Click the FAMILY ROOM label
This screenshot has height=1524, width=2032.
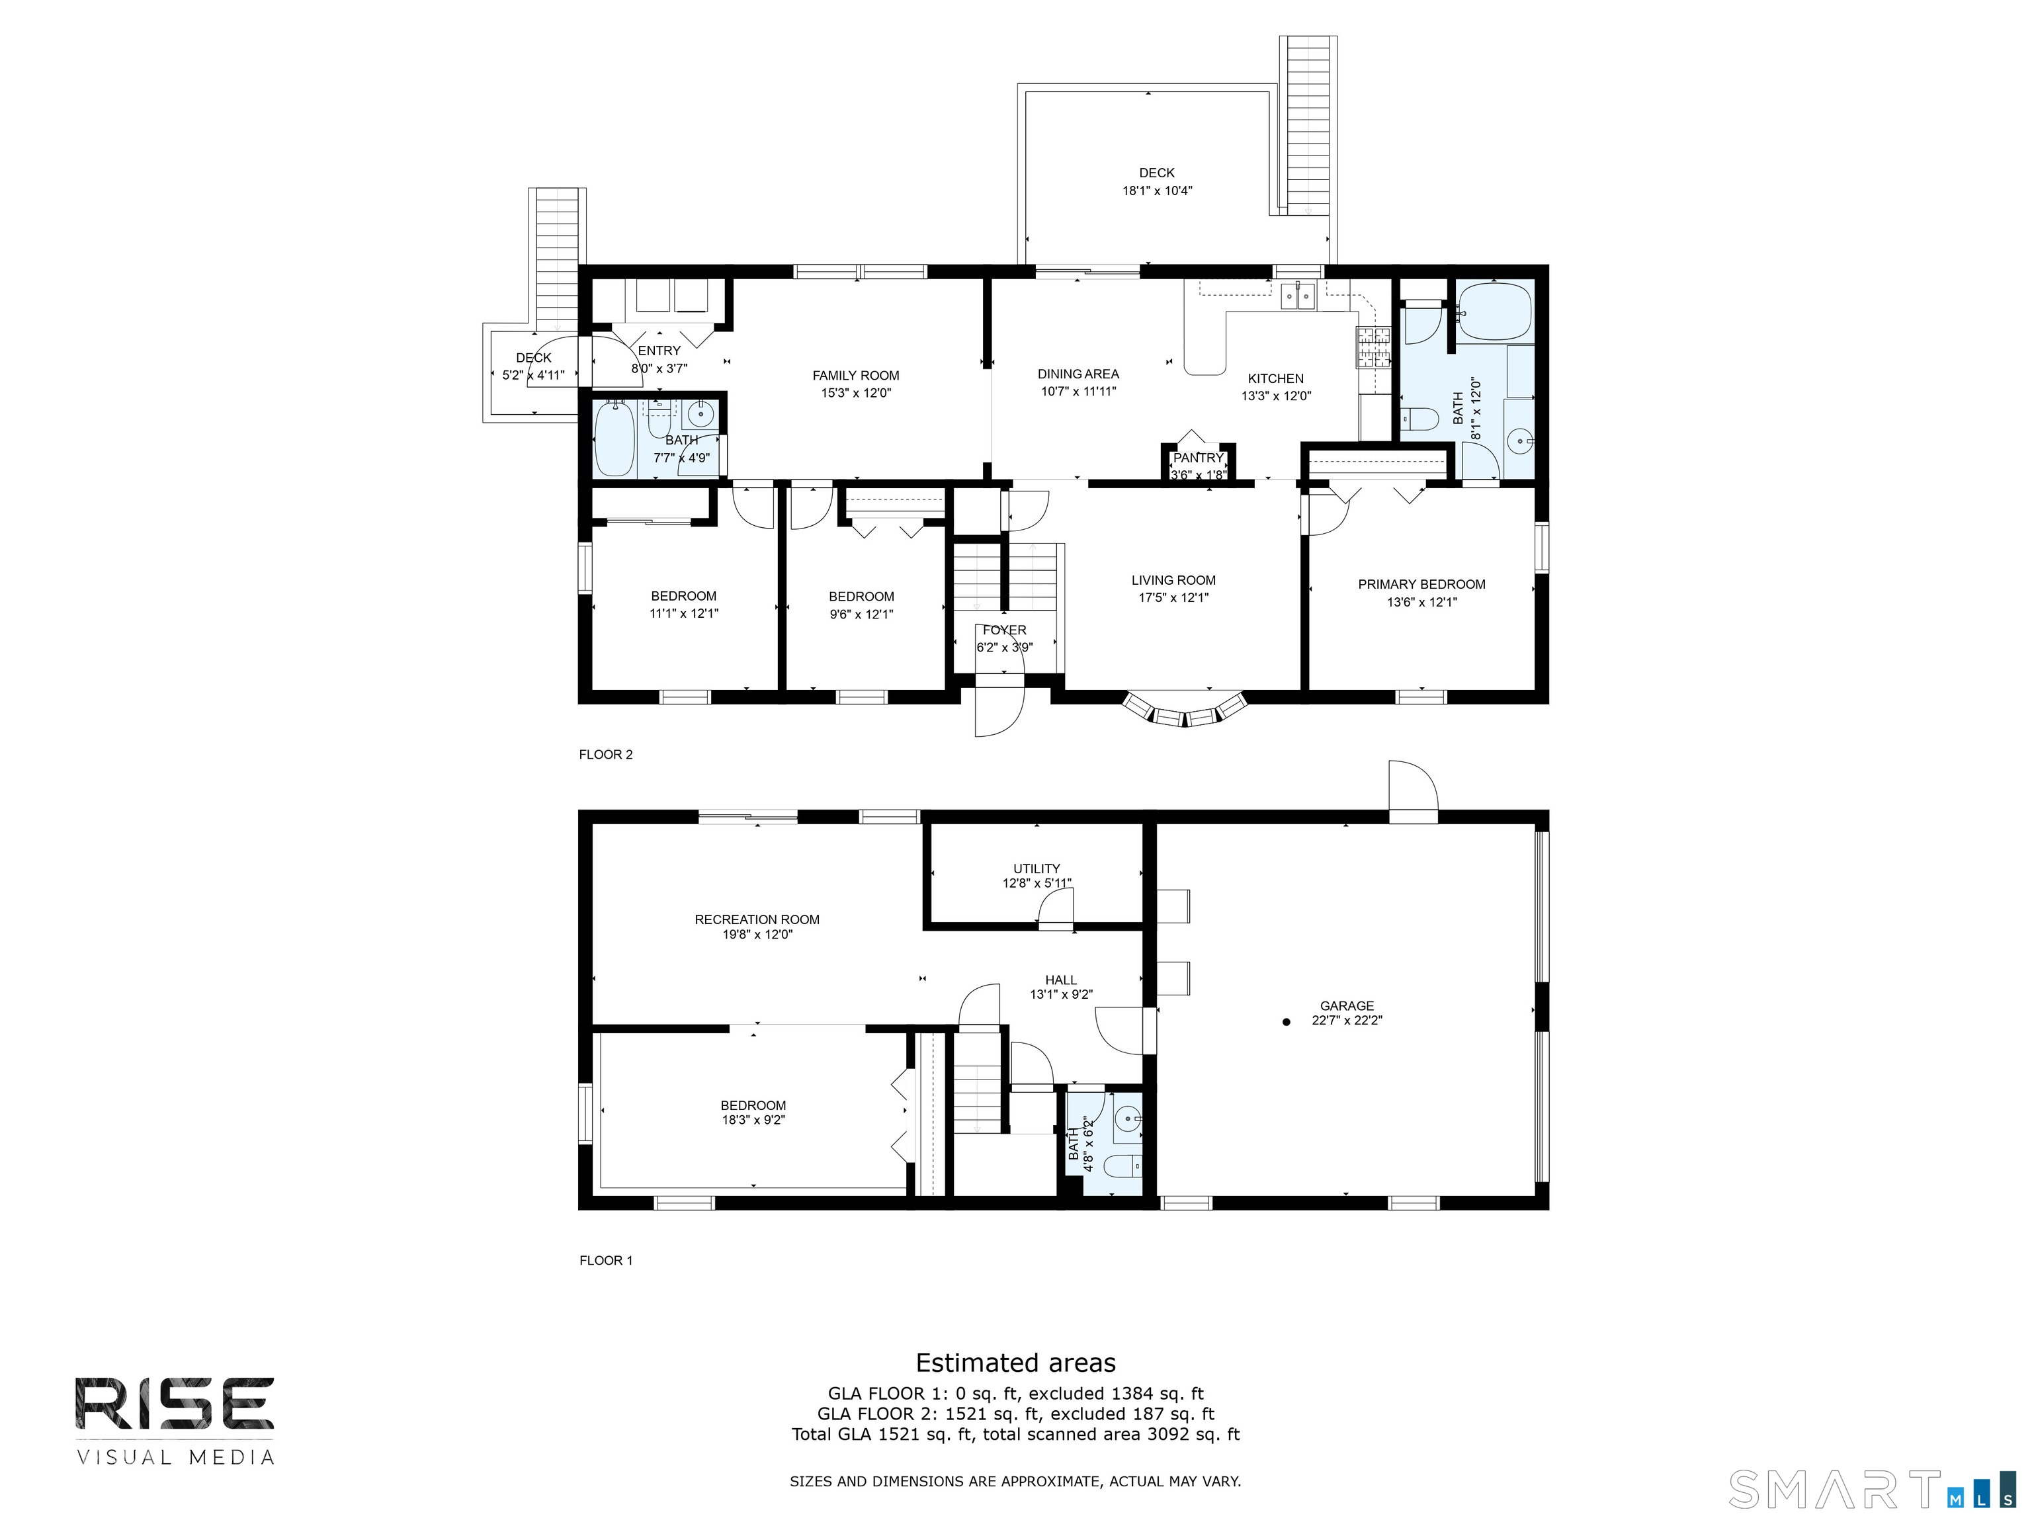coord(855,375)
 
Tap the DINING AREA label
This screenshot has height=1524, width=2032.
coord(1078,374)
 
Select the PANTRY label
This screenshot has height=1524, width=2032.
coord(1198,458)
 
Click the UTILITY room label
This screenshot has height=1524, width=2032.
coord(1037,868)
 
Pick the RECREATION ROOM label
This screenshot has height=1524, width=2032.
coord(757,919)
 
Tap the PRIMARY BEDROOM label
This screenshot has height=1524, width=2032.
coord(1421,584)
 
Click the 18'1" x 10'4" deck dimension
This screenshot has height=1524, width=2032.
coord(1156,191)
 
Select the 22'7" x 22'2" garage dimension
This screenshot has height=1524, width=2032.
coord(1347,1020)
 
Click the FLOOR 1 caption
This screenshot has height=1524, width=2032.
coord(605,1260)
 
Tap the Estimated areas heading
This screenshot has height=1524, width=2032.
coord(1015,1363)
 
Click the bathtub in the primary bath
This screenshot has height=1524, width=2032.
coord(1495,312)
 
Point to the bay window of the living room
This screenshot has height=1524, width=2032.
coord(1185,712)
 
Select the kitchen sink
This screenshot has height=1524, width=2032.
coord(1298,296)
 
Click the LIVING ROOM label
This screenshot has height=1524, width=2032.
coord(1173,581)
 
